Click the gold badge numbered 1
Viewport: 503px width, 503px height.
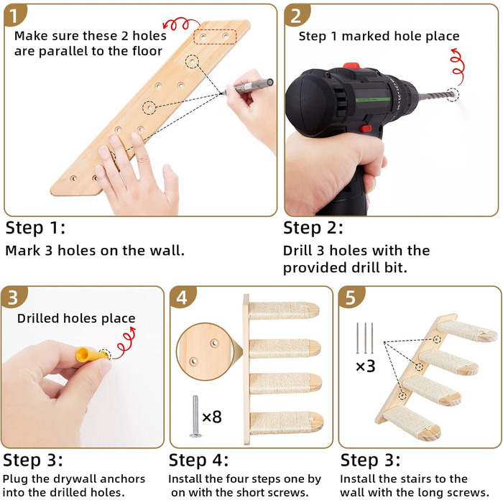[x=14, y=15]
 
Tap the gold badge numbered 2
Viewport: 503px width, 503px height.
[x=296, y=15]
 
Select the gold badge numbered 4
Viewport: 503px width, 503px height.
[x=182, y=297]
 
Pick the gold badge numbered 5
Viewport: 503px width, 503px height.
[x=351, y=297]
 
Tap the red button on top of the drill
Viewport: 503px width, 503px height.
[x=351, y=66]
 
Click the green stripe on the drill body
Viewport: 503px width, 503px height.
[x=373, y=99]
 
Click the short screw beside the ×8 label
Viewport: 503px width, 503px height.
[x=195, y=416]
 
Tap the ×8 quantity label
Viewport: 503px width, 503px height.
[x=212, y=417]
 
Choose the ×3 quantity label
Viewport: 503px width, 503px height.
[x=365, y=366]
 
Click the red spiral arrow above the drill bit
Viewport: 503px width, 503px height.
[x=457, y=66]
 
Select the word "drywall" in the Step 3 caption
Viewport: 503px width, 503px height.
[x=73, y=479]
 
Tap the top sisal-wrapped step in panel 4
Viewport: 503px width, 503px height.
[x=285, y=310]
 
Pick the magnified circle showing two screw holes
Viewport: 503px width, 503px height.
[x=206, y=351]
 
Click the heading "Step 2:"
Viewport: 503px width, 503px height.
[x=313, y=228]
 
